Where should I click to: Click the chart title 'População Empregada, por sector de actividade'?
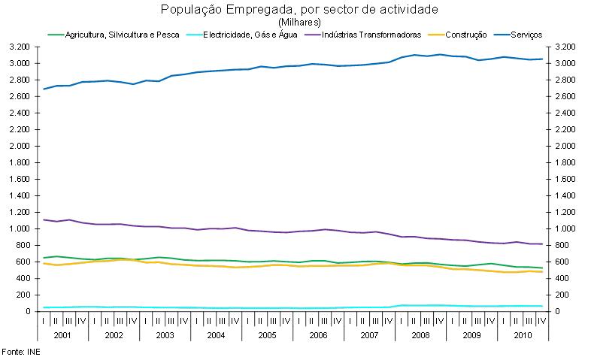[299, 10]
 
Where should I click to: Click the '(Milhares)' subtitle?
[299, 22]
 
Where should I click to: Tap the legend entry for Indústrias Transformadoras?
[371, 35]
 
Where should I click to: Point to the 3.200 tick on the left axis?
[20, 47]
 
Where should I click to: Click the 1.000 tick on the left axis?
[20, 228]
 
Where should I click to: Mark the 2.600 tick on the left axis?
[20, 96]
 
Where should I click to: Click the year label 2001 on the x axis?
[62, 334]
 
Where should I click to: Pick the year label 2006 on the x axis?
[317, 334]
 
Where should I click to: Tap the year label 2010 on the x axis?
[521, 334]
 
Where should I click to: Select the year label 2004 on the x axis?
[216, 334]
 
